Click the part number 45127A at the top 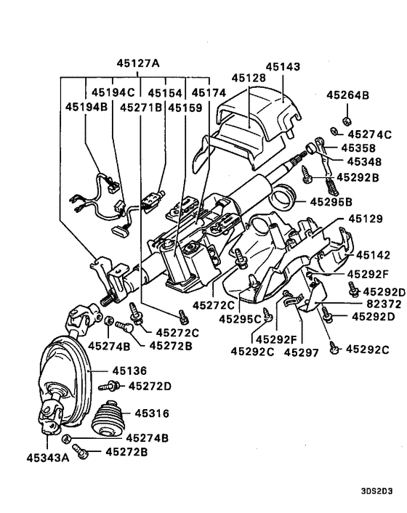(x=135, y=62)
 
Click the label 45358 (x=353, y=148)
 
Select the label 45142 (x=373, y=255)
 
